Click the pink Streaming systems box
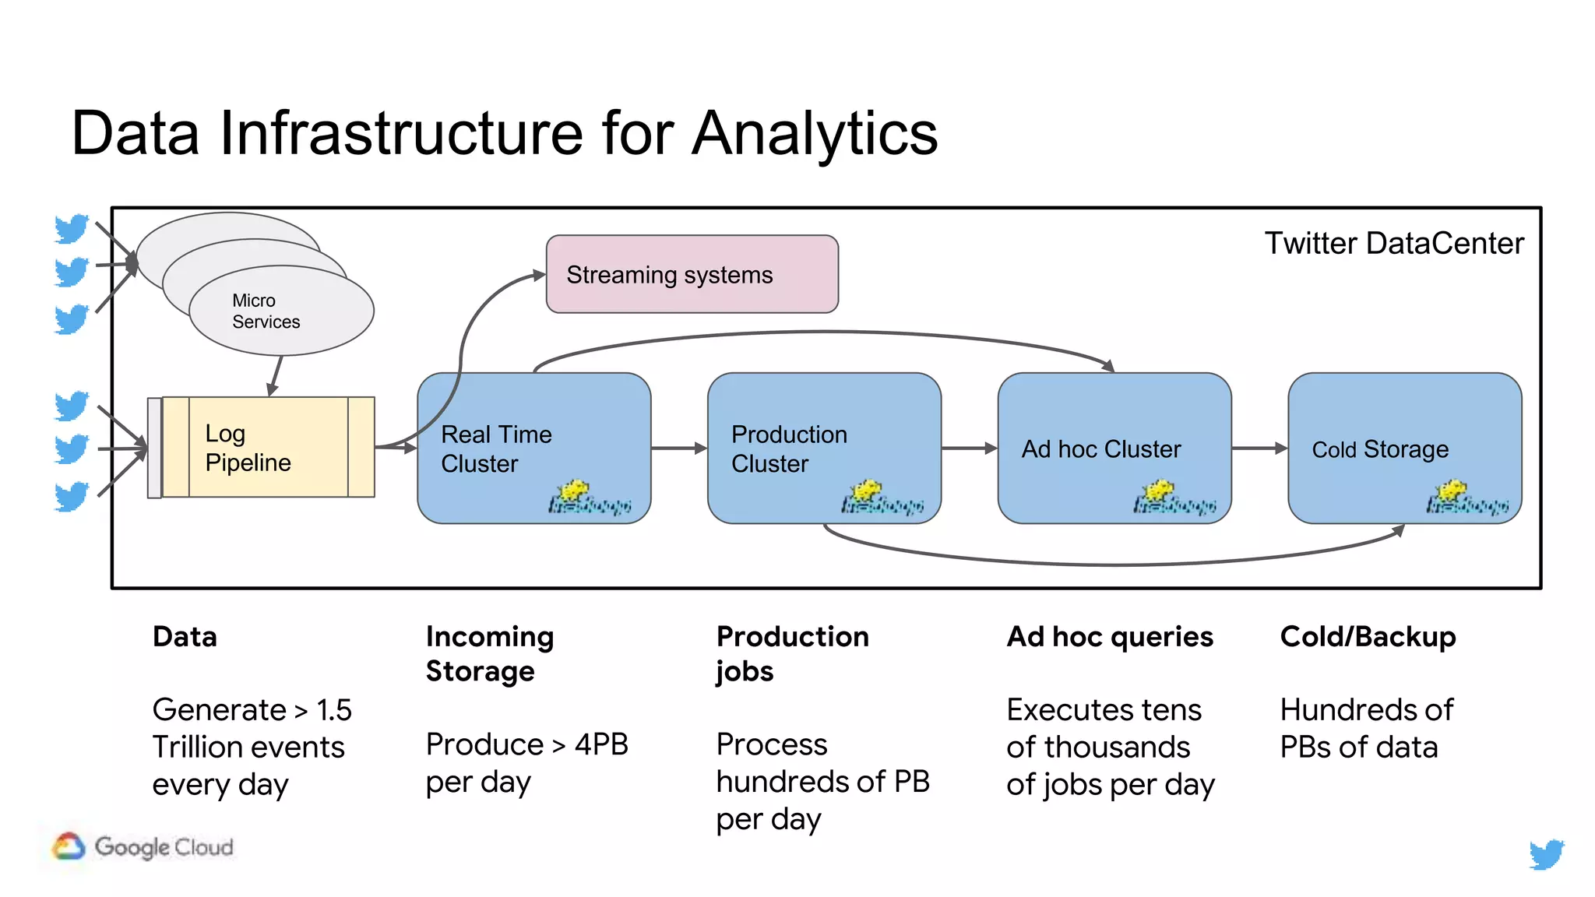coord(692,274)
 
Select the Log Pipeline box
coord(262,448)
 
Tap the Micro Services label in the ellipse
coord(265,311)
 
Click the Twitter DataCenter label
coord(1393,244)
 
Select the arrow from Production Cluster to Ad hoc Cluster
coord(969,448)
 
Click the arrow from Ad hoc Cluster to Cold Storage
coord(1259,448)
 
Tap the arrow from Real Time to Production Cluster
coord(678,448)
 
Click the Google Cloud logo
coord(143,846)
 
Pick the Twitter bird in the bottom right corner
coord(1546,854)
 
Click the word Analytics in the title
coord(815,133)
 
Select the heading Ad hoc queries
coord(1109,637)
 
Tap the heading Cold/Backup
coord(1368,637)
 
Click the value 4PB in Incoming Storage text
coord(601,744)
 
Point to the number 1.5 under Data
coord(334,710)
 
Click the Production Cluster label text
coord(788,448)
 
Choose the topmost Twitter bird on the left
coord(72,229)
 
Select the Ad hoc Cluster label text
coord(1100,449)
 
